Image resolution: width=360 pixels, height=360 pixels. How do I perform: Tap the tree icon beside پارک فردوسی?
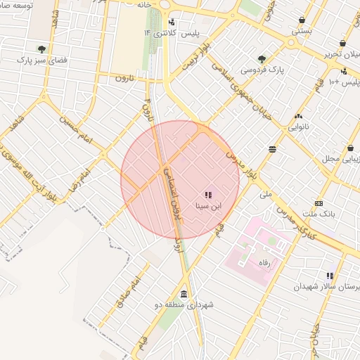(x=262, y=59)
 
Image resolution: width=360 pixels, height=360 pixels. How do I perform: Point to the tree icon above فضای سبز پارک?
(x=41, y=49)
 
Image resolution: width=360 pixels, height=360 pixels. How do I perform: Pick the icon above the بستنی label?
(x=302, y=20)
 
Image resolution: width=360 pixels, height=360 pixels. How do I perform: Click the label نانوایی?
(x=297, y=128)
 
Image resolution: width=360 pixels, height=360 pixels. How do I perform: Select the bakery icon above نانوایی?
(x=298, y=116)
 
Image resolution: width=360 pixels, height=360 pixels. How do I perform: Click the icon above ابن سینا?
(x=208, y=195)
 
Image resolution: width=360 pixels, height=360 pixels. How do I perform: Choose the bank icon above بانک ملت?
(x=319, y=202)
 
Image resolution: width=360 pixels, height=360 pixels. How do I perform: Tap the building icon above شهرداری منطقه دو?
(x=184, y=293)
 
